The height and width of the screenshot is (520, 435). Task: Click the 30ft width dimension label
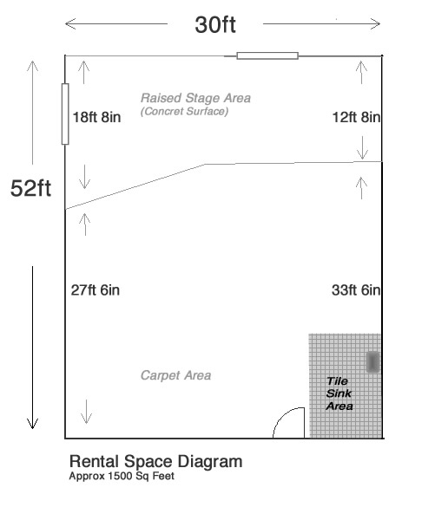[x=215, y=24]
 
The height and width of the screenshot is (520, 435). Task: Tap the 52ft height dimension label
[x=31, y=188]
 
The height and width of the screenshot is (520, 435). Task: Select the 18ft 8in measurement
[x=96, y=117]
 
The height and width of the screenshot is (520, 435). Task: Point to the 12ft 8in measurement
[x=357, y=117]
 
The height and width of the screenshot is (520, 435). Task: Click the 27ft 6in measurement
[x=96, y=290]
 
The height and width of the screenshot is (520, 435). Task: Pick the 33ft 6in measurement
[x=356, y=290]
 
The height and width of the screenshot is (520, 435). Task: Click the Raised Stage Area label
[x=195, y=98]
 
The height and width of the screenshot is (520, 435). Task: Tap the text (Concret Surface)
[x=184, y=112]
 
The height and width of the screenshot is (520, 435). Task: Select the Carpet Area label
[x=175, y=375]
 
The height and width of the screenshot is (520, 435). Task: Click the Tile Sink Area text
[x=339, y=393]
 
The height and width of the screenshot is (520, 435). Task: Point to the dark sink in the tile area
[x=372, y=361]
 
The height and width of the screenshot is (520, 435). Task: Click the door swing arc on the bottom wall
[x=282, y=417]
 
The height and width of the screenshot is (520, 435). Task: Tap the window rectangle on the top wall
[x=267, y=55]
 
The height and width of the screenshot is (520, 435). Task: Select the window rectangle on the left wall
[x=65, y=114]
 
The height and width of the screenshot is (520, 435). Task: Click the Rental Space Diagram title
[x=156, y=461]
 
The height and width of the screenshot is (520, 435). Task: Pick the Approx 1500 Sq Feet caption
[x=122, y=476]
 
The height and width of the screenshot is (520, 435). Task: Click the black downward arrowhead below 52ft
[x=32, y=424]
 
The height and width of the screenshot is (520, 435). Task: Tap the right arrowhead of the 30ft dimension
[x=375, y=24]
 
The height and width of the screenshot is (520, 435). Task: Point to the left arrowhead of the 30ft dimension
[x=70, y=24]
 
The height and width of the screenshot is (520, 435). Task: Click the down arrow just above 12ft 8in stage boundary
[x=362, y=148]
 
